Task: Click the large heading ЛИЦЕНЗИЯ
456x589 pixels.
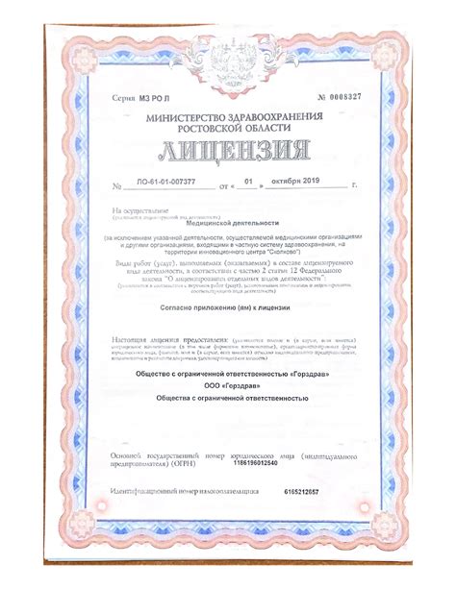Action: tap(228, 154)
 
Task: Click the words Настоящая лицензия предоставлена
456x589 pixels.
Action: tap(159, 340)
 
